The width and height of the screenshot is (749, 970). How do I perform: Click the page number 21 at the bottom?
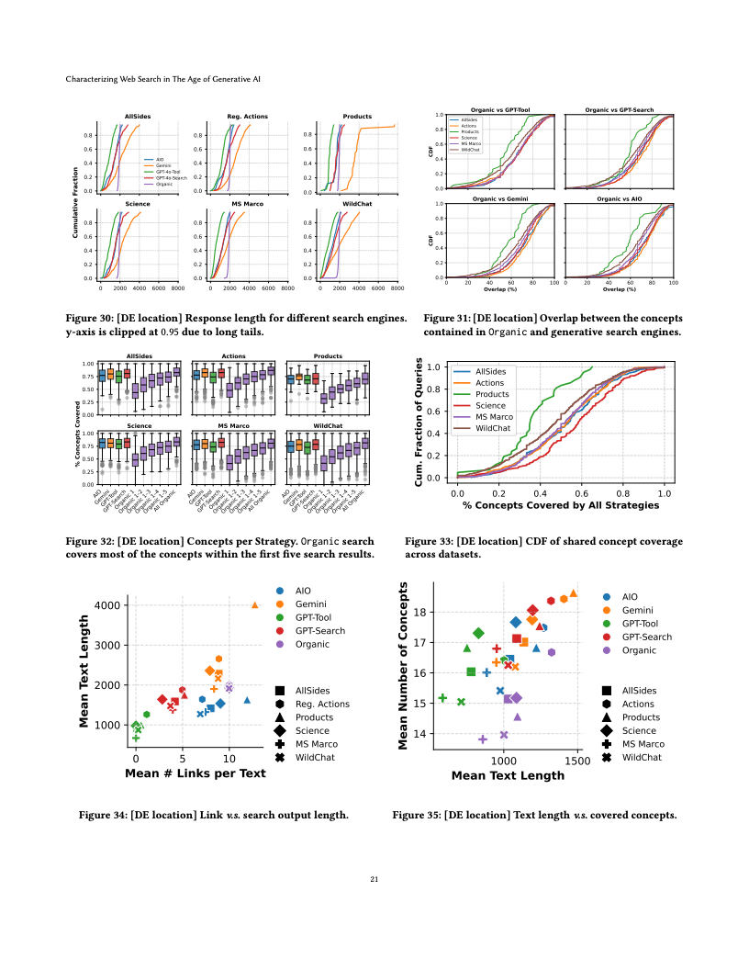coord(374,880)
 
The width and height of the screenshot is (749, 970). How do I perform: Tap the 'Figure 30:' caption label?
coord(88,318)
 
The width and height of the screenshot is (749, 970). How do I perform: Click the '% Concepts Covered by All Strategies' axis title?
coord(561,505)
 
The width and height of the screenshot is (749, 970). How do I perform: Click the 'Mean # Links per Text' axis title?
coord(195,773)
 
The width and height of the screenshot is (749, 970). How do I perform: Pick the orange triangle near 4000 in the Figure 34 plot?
coord(255,604)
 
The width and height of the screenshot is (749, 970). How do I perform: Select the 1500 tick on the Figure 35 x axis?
coord(577,761)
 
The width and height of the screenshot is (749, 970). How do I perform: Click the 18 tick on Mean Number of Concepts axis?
coord(419,612)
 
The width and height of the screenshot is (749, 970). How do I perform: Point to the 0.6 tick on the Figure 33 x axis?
coord(582,492)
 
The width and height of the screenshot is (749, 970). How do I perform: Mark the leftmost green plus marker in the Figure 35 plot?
coord(442,698)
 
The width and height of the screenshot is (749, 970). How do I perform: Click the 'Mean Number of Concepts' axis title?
coord(404,665)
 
